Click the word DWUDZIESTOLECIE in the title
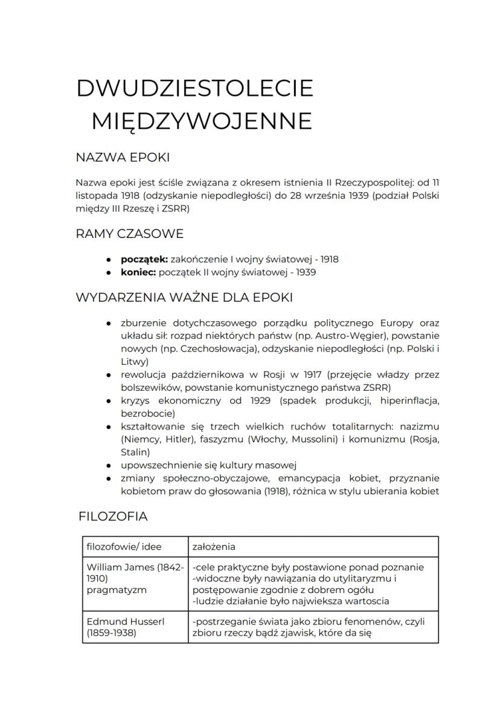[x=194, y=88]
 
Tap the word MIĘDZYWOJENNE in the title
[x=202, y=121]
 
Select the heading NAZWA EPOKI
[x=123, y=158]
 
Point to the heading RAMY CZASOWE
[x=129, y=233]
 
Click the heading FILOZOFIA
[x=113, y=516]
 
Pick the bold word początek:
[x=144, y=259]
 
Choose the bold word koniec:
[x=138, y=272]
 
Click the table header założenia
[x=214, y=547]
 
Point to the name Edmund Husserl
[x=125, y=621]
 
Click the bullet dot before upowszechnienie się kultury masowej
[x=108, y=466]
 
